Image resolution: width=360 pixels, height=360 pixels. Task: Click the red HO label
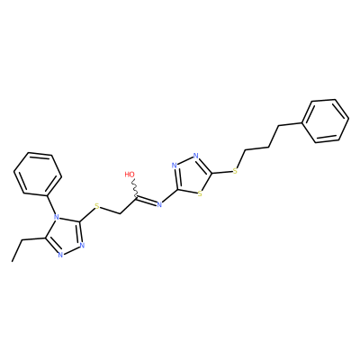pyautogui.click(x=130, y=175)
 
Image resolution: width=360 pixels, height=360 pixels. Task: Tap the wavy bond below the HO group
pyautogui.click(x=134, y=188)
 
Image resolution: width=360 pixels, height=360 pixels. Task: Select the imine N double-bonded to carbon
pyautogui.click(x=159, y=205)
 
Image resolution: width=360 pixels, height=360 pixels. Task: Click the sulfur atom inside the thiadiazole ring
pyautogui.click(x=200, y=193)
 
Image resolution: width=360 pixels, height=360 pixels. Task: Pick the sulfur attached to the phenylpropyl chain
pyautogui.click(x=235, y=171)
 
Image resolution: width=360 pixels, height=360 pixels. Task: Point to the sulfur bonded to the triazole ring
pyautogui.click(x=96, y=206)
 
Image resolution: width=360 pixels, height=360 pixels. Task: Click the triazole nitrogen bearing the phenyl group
pyautogui.click(x=55, y=216)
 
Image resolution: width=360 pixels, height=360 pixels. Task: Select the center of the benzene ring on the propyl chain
pyautogui.click(x=326, y=121)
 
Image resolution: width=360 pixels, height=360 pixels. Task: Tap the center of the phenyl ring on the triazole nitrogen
pyautogui.click(x=38, y=174)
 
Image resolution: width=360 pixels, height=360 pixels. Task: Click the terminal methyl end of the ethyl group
pyautogui.click(x=13, y=261)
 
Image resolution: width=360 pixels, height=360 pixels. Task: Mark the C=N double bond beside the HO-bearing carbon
pyautogui.click(x=147, y=202)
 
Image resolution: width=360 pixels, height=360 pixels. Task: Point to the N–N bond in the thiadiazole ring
pyautogui.click(x=185, y=160)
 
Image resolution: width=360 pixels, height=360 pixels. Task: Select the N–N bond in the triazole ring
pyautogui.click(x=71, y=250)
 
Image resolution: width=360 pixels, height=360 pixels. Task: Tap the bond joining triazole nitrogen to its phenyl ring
pyautogui.click(x=51, y=204)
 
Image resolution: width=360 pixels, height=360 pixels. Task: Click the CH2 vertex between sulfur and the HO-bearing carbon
pyautogui.click(x=120, y=213)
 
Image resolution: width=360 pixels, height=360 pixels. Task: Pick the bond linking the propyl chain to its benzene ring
pyautogui.click(x=291, y=124)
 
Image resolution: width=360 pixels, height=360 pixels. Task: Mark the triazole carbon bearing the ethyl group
pyautogui.click(x=46, y=238)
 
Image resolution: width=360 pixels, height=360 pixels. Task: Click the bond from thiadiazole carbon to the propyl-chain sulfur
pyautogui.click(x=222, y=172)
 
